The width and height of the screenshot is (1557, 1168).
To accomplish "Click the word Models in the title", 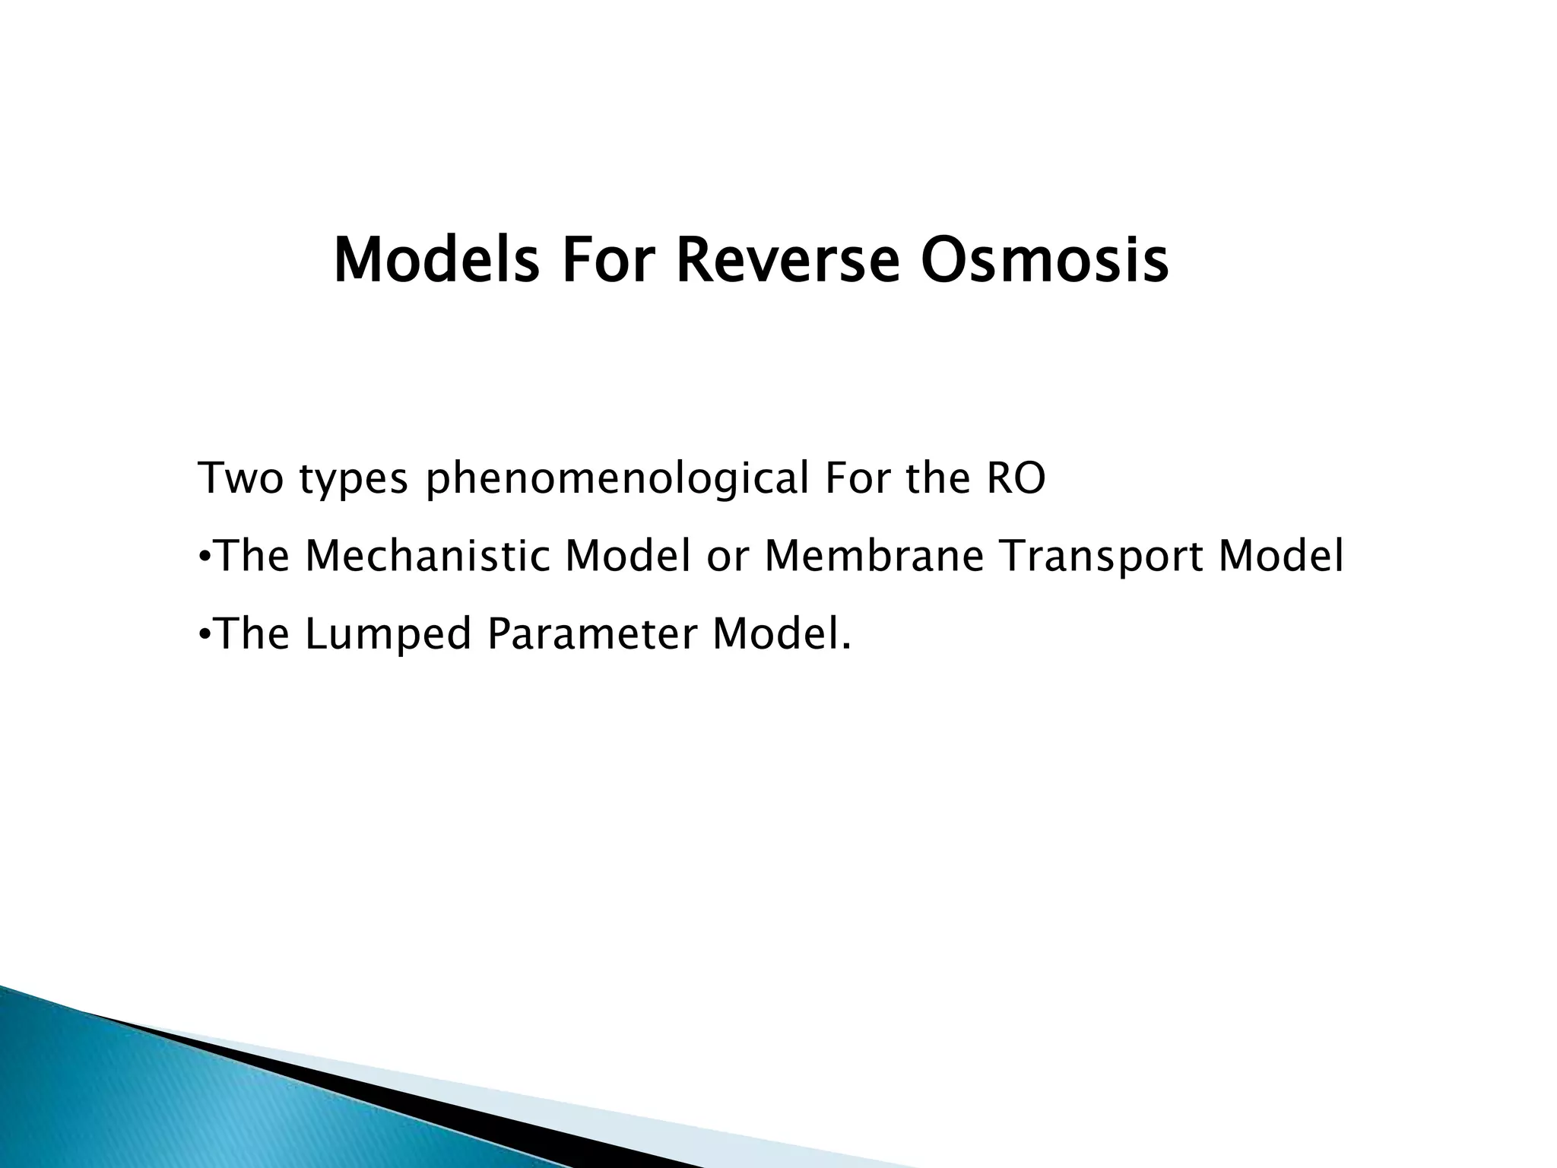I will tap(436, 261).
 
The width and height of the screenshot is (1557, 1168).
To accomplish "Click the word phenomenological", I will tap(617, 480).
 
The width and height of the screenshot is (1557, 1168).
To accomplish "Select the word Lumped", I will tap(388, 635).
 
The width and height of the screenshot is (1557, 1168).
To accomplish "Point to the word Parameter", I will tap(591, 633).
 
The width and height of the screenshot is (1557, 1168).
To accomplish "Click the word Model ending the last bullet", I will tap(780, 633).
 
